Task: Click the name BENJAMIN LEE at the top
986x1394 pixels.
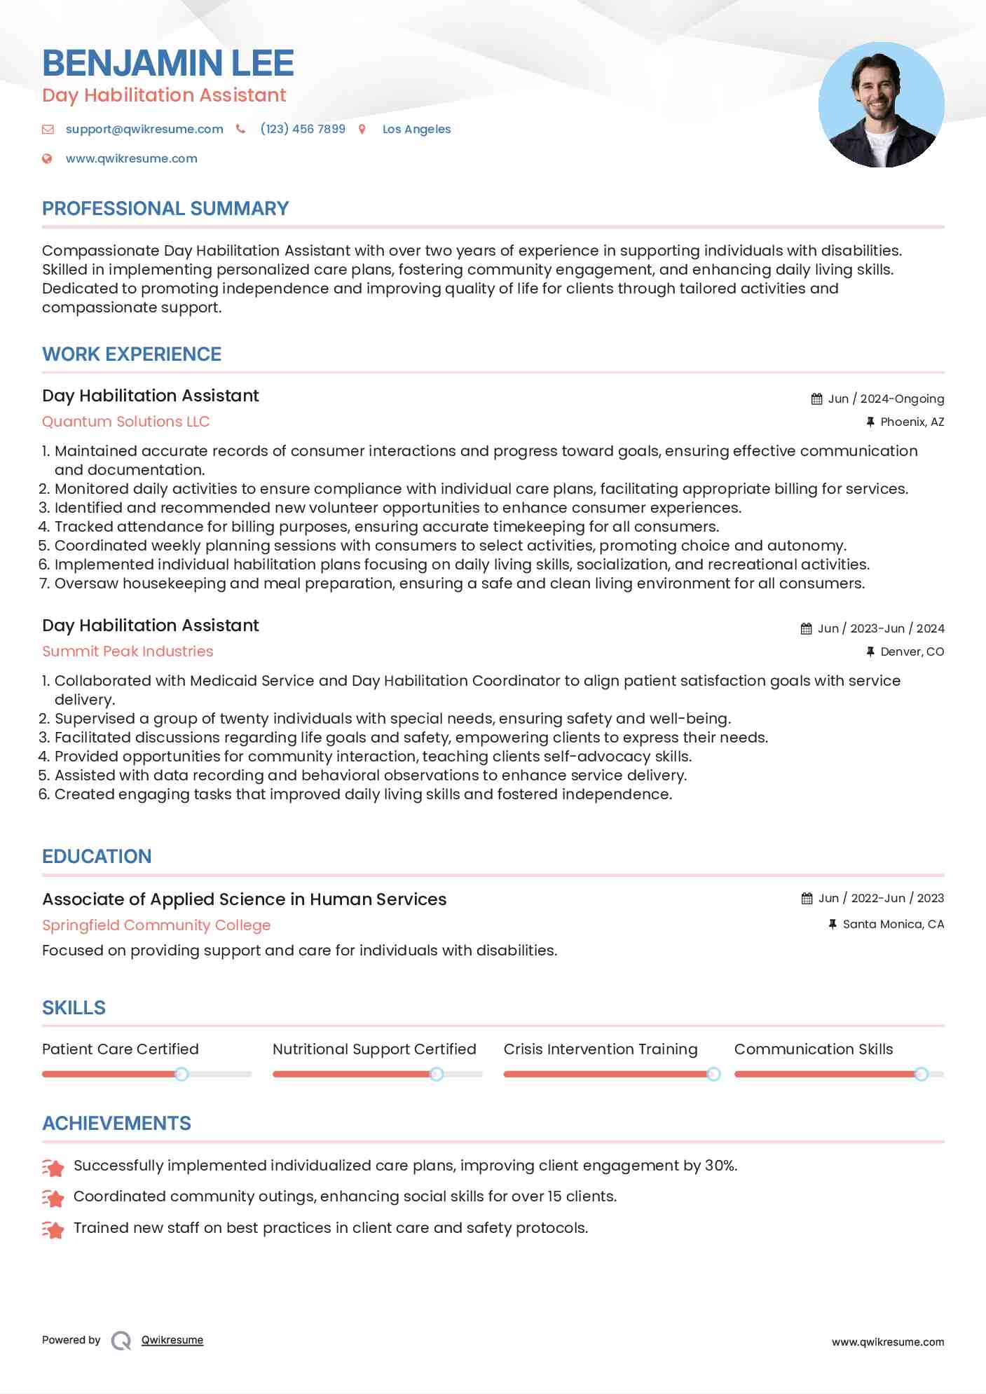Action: click(167, 63)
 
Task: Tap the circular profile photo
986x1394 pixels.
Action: click(881, 105)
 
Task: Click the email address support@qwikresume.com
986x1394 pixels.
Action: click(144, 129)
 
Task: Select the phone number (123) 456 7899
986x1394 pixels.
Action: click(302, 129)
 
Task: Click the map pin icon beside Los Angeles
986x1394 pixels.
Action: click(362, 129)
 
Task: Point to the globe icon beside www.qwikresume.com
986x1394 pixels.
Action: click(47, 158)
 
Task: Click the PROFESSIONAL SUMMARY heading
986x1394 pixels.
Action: click(165, 209)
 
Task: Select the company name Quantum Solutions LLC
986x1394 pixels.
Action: click(126, 422)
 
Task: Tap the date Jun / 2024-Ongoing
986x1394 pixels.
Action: click(886, 399)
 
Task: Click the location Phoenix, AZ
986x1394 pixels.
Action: click(912, 422)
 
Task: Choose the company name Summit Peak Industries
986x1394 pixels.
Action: click(128, 651)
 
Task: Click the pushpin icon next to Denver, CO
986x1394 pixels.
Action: click(870, 651)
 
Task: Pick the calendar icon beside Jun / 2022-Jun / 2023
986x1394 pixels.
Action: click(807, 898)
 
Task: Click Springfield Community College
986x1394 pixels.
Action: click(156, 925)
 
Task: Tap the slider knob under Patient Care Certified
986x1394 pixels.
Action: click(182, 1074)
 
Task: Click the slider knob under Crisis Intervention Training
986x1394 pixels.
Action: click(713, 1074)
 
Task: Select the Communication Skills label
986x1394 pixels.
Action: click(814, 1049)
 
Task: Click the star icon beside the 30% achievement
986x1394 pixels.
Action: click(53, 1167)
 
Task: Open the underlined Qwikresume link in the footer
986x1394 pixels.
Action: click(172, 1340)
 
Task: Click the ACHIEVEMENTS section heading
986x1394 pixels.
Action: click(116, 1124)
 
